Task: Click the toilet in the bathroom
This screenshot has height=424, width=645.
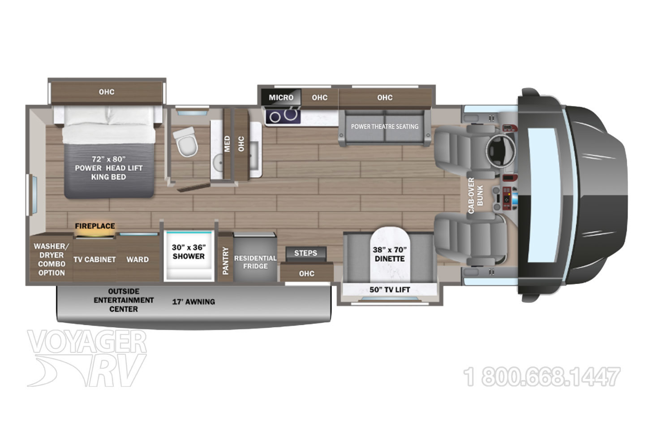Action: [x=186, y=142]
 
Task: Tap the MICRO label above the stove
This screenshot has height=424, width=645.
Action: [x=281, y=98]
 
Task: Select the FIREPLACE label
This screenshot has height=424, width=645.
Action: [x=95, y=226]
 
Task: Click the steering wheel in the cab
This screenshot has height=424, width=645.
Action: [x=500, y=150]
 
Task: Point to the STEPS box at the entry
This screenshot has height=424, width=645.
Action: [x=306, y=253]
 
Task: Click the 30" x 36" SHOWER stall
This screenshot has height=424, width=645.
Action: [x=189, y=255]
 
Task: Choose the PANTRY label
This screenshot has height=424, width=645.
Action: [x=225, y=260]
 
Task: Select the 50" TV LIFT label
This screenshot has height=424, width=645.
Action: [x=390, y=290]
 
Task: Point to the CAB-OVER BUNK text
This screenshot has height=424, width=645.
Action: [x=475, y=195]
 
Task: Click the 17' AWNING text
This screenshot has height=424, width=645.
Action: [x=193, y=302]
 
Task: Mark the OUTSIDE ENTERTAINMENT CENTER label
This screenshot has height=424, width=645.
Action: [x=124, y=300]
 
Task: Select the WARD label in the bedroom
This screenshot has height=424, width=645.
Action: [x=138, y=259]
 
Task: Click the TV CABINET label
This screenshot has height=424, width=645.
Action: [x=95, y=259]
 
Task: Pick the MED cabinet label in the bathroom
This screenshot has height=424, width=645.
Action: [x=227, y=144]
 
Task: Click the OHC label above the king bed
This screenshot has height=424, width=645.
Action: [x=107, y=92]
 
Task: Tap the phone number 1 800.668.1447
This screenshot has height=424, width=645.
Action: [x=542, y=377]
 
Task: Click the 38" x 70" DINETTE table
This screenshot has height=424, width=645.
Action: [x=390, y=254]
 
